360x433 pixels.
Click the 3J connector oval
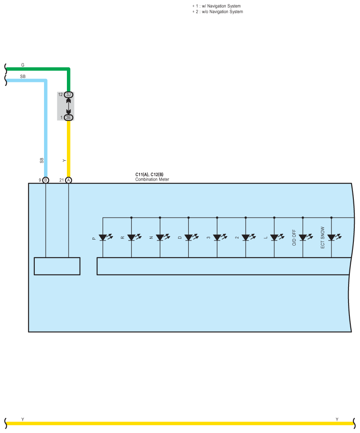tap(68, 95)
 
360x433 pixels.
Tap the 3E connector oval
tap(68, 117)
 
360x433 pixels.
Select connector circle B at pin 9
tap(46, 180)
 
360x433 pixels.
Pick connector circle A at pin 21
tap(68, 180)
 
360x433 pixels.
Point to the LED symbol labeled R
tap(134, 237)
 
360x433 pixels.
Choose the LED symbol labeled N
tap(163, 237)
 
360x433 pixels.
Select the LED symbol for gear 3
tap(220, 237)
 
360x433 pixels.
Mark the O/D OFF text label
tap(294, 237)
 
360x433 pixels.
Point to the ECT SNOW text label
tap(323, 237)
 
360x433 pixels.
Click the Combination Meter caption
tap(152, 179)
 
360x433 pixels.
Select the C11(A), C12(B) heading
tap(149, 174)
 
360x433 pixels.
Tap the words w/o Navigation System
tap(222, 11)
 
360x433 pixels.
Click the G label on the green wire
tap(22, 65)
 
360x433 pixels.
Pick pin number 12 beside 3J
tap(60, 94)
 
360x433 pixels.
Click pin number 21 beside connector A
tap(62, 180)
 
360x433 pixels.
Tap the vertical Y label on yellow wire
tap(64, 160)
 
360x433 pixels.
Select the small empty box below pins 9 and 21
tap(57, 266)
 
